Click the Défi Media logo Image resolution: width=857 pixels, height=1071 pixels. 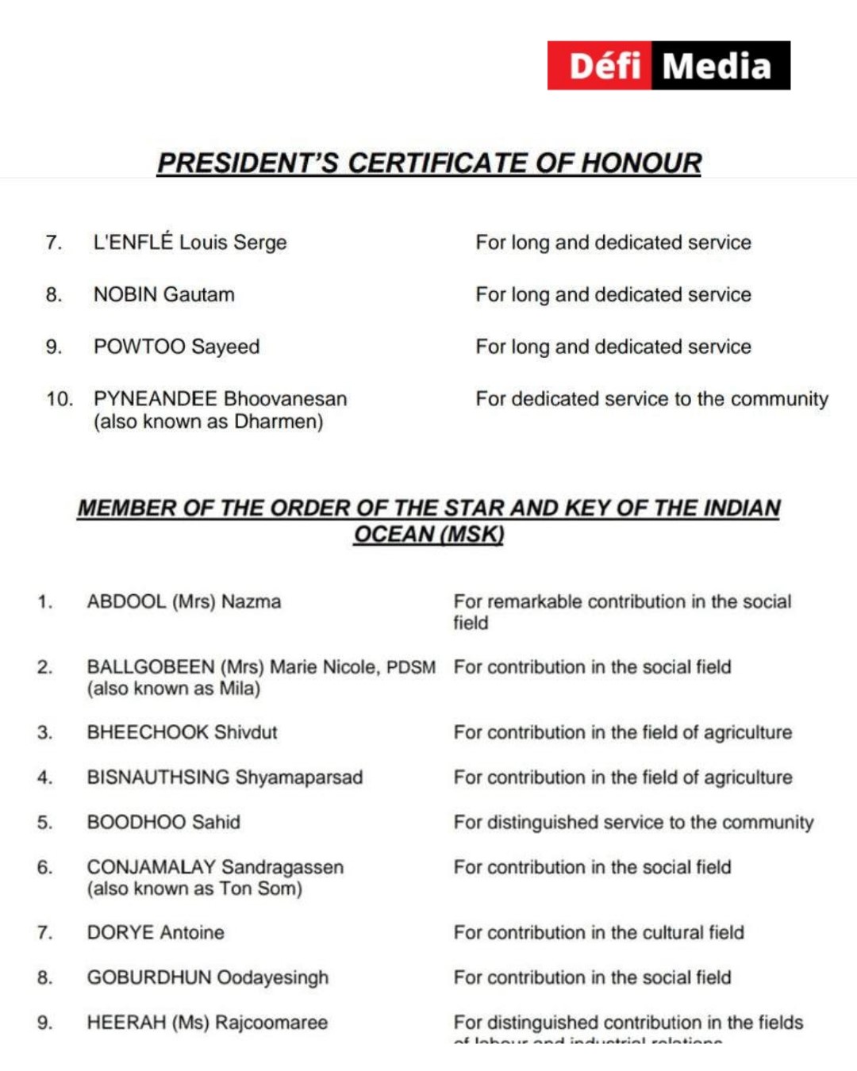pos(668,65)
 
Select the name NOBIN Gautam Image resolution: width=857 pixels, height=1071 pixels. pos(164,294)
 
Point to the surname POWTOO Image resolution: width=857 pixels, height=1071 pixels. pos(139,347)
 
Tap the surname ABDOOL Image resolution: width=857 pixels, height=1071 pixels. pos(126,601)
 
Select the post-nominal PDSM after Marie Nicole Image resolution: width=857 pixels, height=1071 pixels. pos(411,667)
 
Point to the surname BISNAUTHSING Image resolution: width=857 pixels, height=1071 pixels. pos(158,777)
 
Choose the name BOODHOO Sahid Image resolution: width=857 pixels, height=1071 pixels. pos(163,822)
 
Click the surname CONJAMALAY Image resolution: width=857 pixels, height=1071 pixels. pos(151,867)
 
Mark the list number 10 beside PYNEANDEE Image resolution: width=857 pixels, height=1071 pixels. pos(59,399)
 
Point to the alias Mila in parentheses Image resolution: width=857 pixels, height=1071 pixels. pos(237,689)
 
